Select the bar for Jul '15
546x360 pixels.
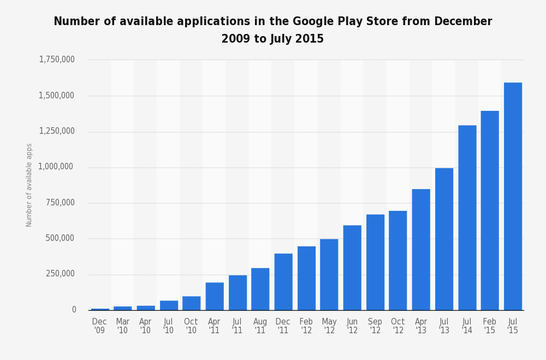click(x=513, y=196)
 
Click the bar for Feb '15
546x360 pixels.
click(x=490, y=210)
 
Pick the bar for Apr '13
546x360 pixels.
click(x=421, y=250)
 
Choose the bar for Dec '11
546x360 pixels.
click(x=283, y=282)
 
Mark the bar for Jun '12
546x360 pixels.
click(x=352, y=268)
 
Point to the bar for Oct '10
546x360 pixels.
click(x=192, y=303)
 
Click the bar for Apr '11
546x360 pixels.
click(x=215, y=296)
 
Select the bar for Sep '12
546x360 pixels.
click(x=375, y=262)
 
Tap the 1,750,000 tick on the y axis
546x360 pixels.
click(x=57, y=60)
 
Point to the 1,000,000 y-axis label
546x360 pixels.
click(x=57, y=167)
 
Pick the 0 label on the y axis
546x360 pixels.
click(x=74, y=310)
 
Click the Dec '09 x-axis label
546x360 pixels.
click(x=99, y=326)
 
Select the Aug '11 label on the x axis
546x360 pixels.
click(x=260, y=326)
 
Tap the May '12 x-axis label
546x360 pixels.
click(x=329, y=326)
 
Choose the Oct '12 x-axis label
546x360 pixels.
click(x=398, y=326)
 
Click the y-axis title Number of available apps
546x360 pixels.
click(x=29, y=185)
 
